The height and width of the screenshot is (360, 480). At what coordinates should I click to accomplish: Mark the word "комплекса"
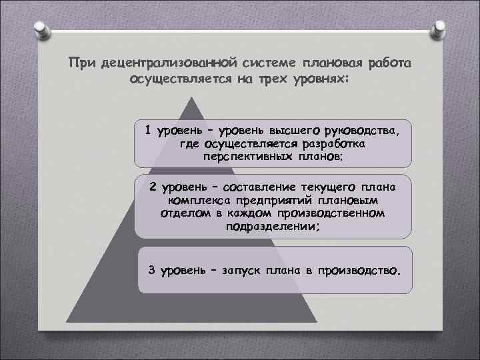pyautogui.click(x=197, y=200)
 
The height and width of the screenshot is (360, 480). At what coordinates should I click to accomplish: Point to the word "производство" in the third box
pyautogui.click(x=360, y=271)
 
